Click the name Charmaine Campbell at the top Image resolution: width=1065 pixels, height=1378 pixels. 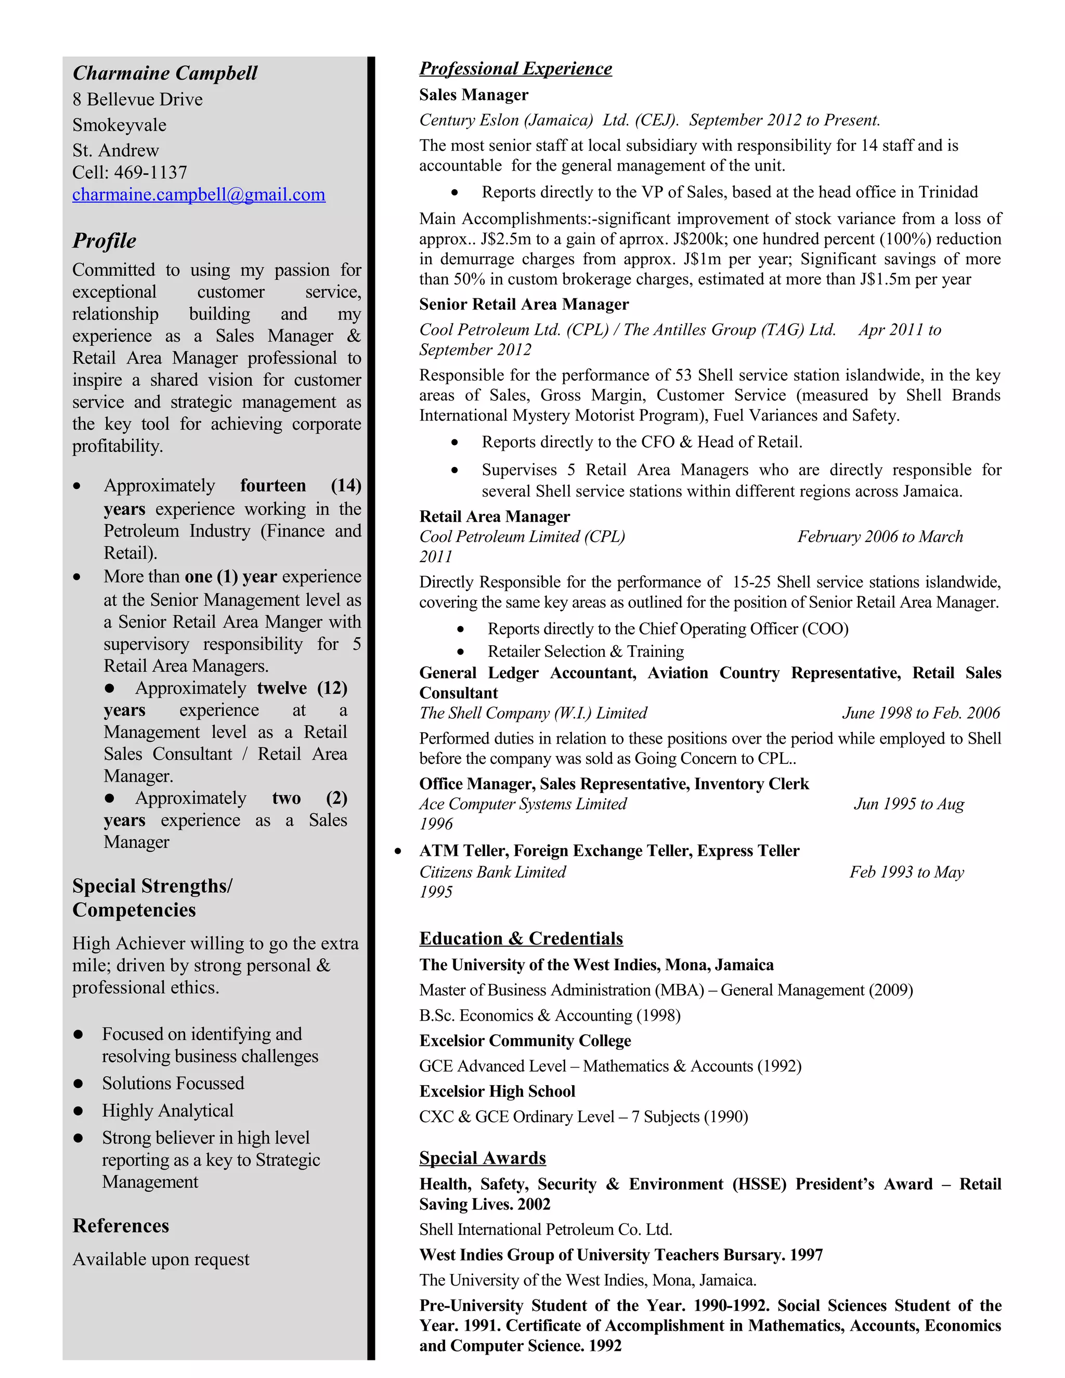(165, 73)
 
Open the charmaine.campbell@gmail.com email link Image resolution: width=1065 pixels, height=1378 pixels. (199, 194)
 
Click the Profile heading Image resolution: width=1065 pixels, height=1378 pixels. (104, 240)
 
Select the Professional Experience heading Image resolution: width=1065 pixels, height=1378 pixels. (515, 68)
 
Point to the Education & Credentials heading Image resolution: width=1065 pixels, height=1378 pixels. (521, 938)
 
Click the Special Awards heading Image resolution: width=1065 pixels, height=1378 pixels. (482, 1158)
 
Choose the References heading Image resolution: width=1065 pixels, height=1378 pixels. (121, 1226)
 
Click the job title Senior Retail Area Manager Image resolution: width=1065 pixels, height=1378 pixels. (524, 304)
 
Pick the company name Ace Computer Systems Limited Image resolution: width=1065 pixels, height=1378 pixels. (523, 804)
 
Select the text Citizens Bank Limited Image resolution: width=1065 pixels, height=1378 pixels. (492, 872)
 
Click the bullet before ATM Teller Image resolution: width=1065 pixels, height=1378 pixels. (397, 851)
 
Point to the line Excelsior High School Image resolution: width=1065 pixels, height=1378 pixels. (497, 1091)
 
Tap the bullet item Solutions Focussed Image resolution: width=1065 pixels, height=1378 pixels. (173, 1083)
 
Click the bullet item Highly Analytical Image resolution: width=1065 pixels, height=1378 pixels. (167, 1111)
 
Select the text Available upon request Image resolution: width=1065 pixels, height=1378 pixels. (161, 1259)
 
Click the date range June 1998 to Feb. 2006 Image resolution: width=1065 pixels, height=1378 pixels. (920, 713)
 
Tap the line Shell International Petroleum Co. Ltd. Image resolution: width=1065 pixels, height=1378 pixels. (545, 1230)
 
